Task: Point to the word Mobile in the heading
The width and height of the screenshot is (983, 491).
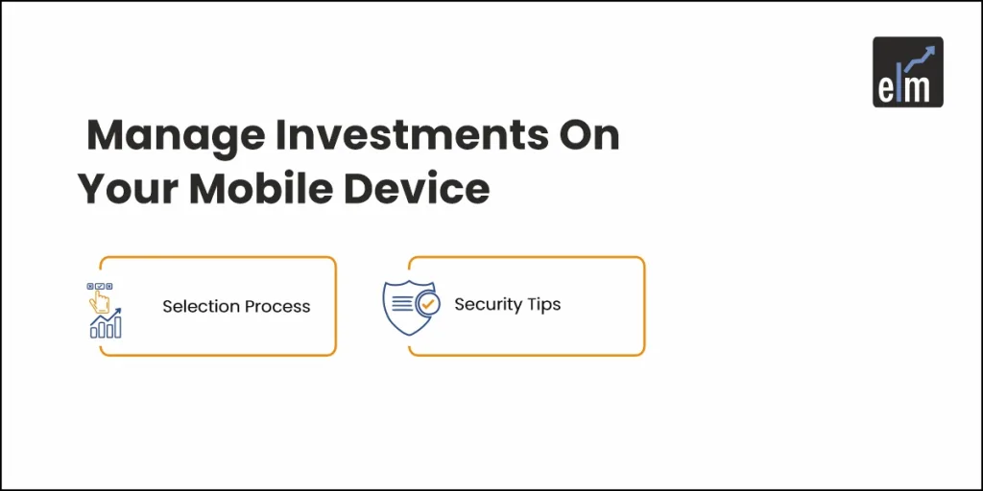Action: pyautogui.click(x=260, y=189)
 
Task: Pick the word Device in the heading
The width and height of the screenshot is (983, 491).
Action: pyautogui.click(x=417, y=189)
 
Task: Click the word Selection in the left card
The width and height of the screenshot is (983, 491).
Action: pyautogui.click(x=201, y=306)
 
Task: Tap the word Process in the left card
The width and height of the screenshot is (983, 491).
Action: pyautogui.click(x=277, y=307)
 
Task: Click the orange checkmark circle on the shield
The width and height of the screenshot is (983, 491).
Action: pyautogui.click(x=428, y=304)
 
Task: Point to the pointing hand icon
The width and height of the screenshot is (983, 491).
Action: pyautogui.click(x=99, y=301)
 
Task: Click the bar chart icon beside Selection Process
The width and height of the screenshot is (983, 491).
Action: pyautogui.click(x=106, y=323)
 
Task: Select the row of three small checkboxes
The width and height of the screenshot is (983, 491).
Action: pyautogui.click(x=100, y=286)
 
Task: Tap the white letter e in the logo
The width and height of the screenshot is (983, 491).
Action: pyautogui.click(x=885, y=89)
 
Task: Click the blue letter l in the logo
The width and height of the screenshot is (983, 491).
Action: pyautogui.click(x=899, y=85)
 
